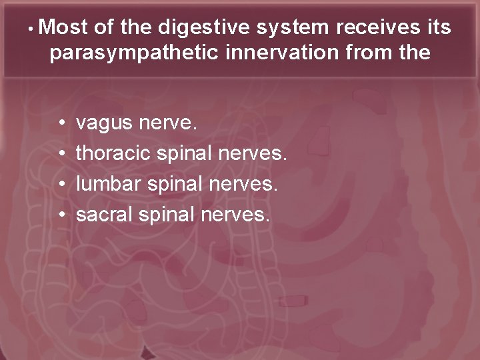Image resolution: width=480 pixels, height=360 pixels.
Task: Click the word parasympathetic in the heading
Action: coord(133,53)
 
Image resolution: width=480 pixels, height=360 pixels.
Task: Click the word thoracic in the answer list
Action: coord(114,153)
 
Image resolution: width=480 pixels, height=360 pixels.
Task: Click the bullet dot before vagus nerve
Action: coord(61,123)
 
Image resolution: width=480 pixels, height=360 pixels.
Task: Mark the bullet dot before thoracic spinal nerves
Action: coord(61,154)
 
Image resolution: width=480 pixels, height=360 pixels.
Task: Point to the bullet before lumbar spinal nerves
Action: coord(61,185)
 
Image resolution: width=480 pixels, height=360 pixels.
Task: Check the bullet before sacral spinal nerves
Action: coord(61,215)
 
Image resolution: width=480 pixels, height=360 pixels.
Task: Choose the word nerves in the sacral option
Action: coord(237,215)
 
